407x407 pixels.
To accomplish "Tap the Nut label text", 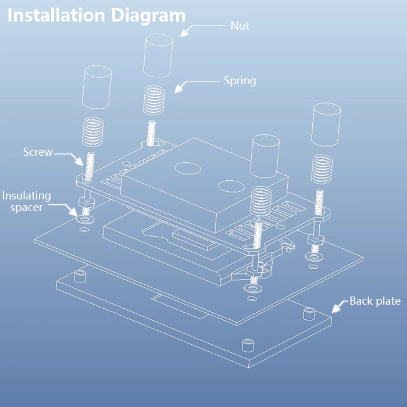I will [x=240, y=26].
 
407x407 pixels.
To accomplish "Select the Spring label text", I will [x=240, y=81].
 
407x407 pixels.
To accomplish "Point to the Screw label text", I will [x=38, y=152].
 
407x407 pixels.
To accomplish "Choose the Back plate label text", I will [x=374, y=301].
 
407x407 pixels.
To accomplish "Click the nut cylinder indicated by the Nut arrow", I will [x=158, y=55].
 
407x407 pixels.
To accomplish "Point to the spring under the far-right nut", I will [x=320, y=169].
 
